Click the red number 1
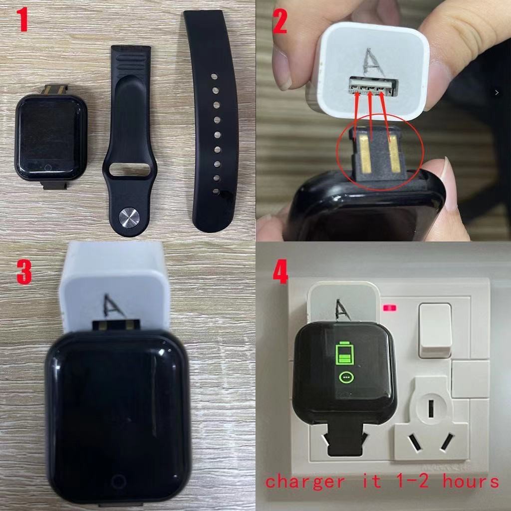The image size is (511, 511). tap(22, 19)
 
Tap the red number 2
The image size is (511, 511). tap(279, 22)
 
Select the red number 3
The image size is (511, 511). tap(24, 272)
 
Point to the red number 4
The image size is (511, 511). tap(280, 271)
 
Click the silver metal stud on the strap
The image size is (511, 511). tap(129, 218)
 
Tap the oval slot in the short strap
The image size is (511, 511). tap(130, 170)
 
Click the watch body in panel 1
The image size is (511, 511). tap(51, 137)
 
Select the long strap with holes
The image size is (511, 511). tap(212, 121)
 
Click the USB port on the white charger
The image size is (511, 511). tap(373, 86)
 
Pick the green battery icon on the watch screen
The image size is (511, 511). tap(345, 353)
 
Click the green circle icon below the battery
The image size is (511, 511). tap(346, 377)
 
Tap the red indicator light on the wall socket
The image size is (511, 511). tap(390, 307)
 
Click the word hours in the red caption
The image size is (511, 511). tap(470, 481)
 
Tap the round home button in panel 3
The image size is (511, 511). tap(118, 482)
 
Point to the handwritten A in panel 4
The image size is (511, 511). tap(342, 310)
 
